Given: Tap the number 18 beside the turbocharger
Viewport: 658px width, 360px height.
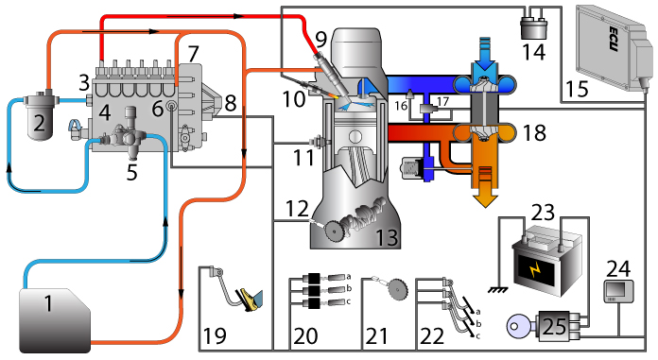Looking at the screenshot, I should [x=533, y=132].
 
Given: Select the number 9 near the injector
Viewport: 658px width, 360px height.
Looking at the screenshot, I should [x=320, y=40].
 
